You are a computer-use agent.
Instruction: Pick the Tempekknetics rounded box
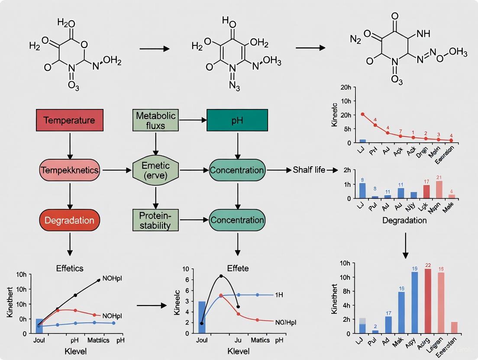tap(70, 170)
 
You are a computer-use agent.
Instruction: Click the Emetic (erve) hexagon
tap(155, 170)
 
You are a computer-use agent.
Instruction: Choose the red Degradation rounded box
tap(70, 220)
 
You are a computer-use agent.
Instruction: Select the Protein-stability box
tap(155, 220)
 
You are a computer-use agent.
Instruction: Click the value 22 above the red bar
tap(416, 265)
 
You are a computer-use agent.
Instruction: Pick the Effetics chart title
tap(70, 268)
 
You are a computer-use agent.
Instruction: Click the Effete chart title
tap(237, 268)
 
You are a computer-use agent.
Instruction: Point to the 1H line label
tap(280, 295)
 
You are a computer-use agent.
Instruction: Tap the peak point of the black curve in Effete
tap(221, 276)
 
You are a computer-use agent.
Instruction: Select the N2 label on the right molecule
tap(355, 40)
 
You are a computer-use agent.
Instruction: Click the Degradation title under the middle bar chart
tap(404, 220)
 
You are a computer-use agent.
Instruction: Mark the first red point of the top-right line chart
tap(363, 114)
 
